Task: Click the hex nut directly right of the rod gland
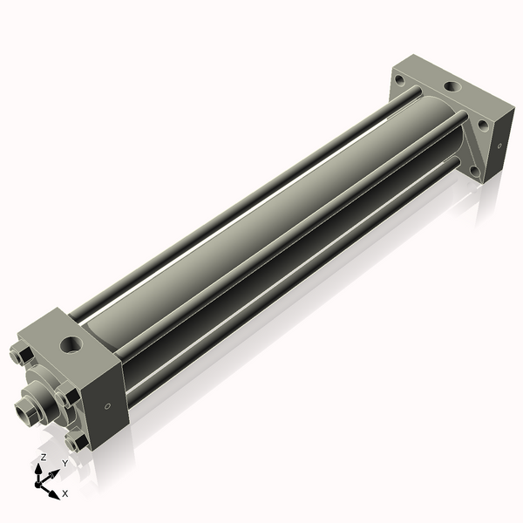click(70, 397)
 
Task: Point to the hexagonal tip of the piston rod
click(25, 407)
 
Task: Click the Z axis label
click(44, 458)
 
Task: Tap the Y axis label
click(65, 465)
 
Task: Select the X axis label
click(65, 493)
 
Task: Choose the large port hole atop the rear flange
click(452, 88)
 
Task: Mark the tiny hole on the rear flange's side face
click(499, 146)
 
